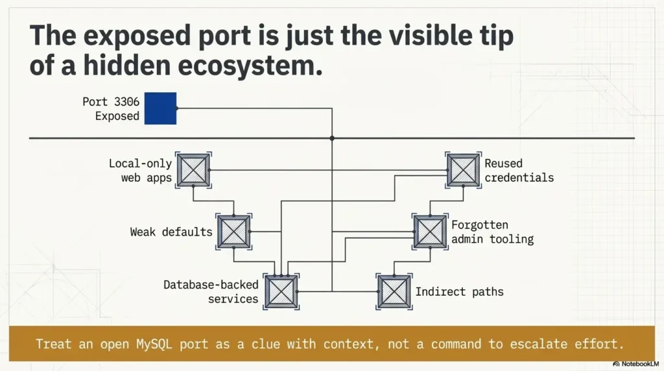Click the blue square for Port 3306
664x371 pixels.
click(160, 108)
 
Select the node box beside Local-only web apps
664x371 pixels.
click(193, 170)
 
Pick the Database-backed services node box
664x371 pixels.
click(281, 291)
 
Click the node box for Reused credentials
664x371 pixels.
click(463, 170)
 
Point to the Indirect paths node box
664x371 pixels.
click(394, 291)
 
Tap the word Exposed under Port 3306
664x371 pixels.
click(117, 116)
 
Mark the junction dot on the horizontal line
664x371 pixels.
click(332, 138)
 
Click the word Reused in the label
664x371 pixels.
click(503, 163)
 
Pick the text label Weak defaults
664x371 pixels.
click(171, 232)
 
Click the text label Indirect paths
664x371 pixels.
click(459, 292)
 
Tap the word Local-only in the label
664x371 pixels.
click(140, 163)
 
